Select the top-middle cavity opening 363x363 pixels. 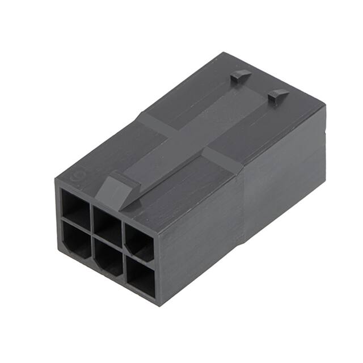pos(107,219)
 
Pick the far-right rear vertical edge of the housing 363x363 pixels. pos(324,153)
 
